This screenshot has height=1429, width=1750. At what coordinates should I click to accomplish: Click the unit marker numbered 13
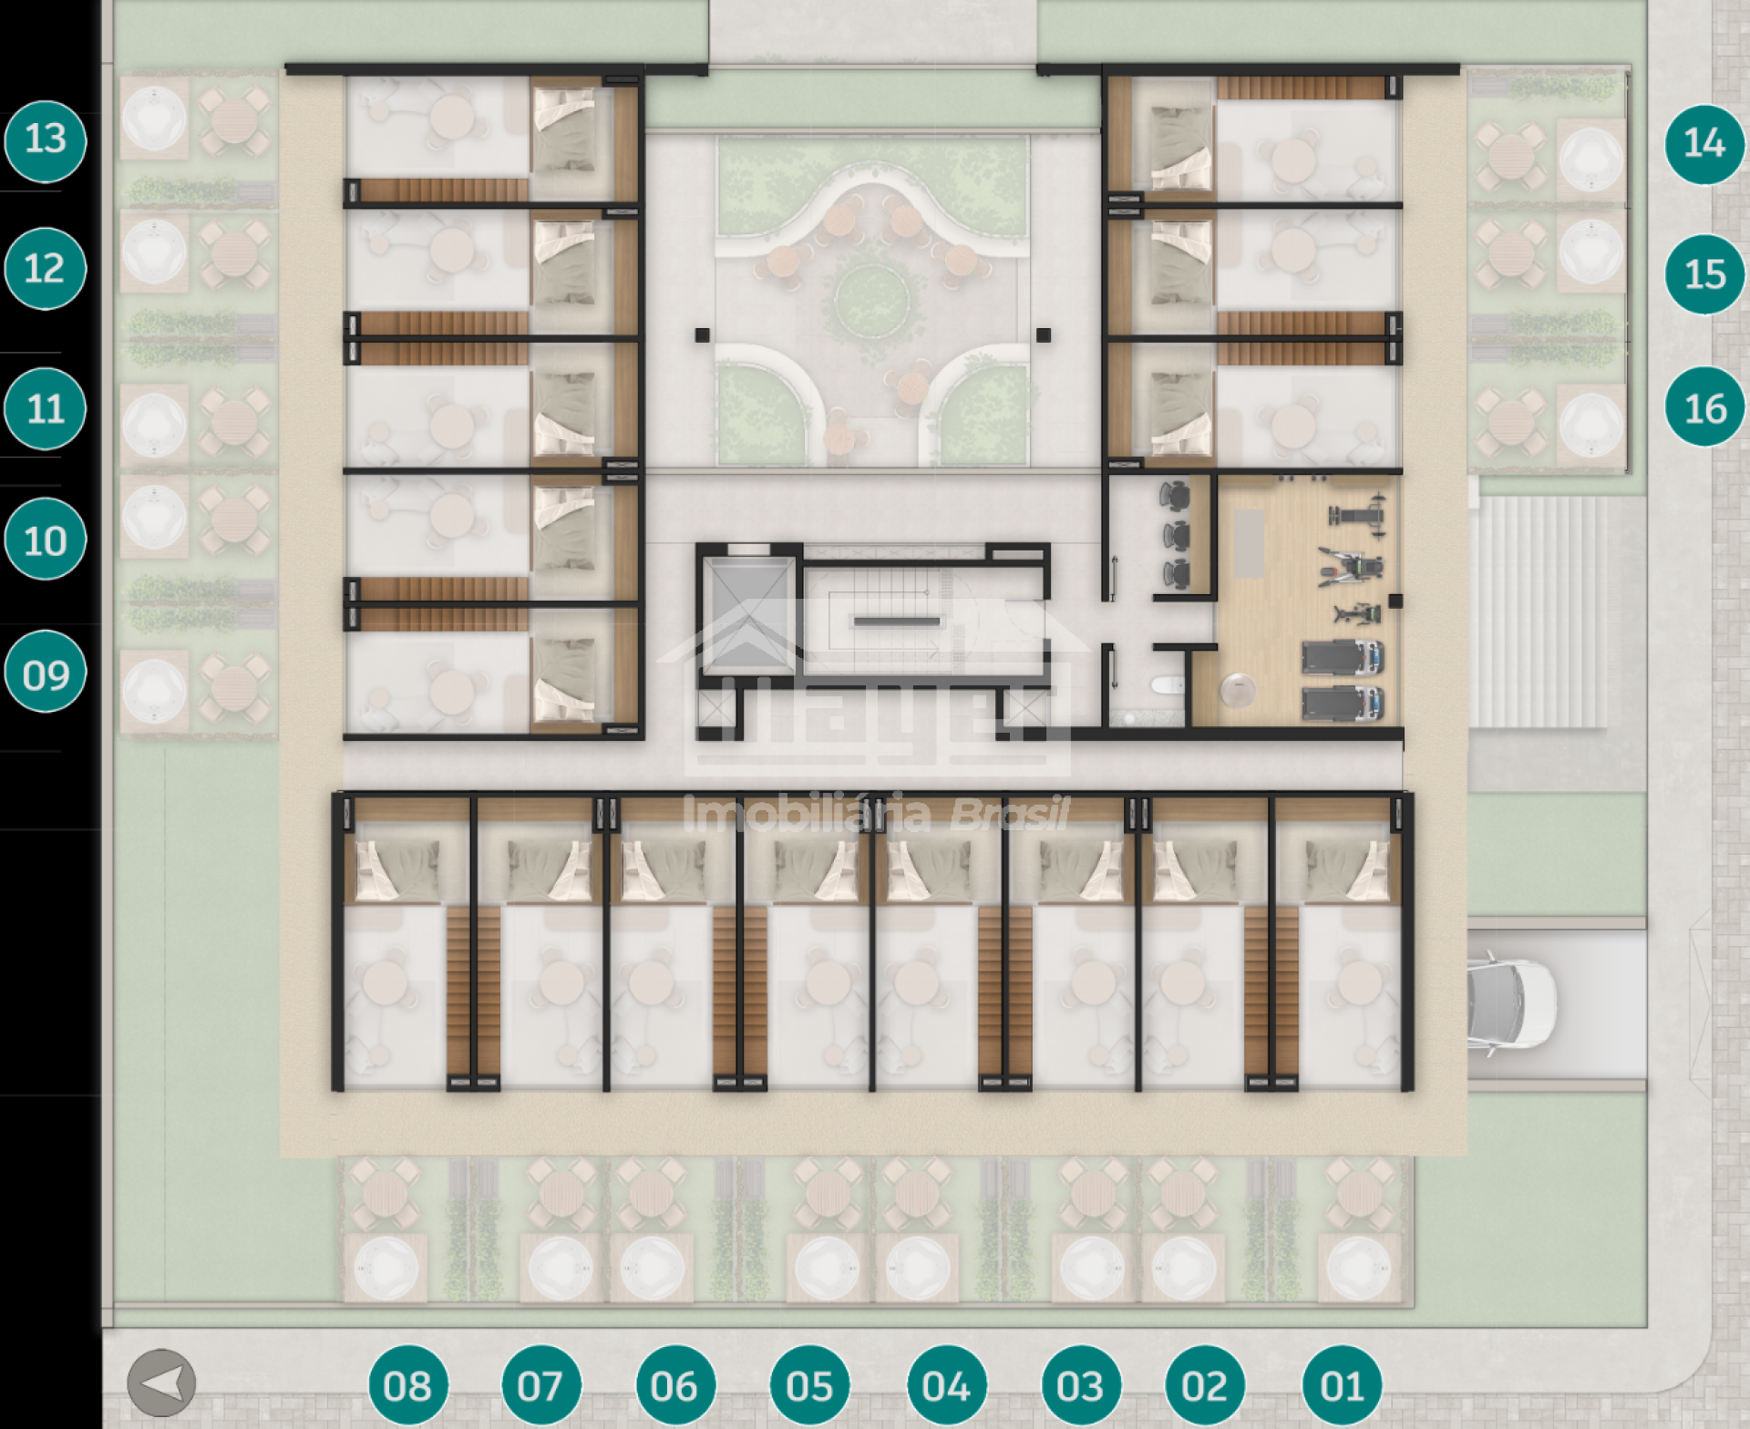point(45,141)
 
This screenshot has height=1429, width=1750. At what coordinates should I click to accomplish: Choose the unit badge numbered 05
point(809,1386)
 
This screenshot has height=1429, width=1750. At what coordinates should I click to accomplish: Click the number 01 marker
point(1342,1386)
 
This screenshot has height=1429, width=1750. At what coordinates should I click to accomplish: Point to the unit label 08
point(407,1386)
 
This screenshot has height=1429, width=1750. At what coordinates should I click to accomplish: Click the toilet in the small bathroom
point(1166,685)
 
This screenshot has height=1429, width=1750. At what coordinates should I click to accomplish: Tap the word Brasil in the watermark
point(1010,814)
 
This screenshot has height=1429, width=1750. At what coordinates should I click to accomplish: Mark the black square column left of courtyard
point(703,335)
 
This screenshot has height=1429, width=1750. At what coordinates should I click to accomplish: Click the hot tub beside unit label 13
point(154,118)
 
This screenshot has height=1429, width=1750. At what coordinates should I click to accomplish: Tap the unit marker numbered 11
point(45,408)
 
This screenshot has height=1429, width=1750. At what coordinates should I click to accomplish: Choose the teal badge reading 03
point(1080,1386)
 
